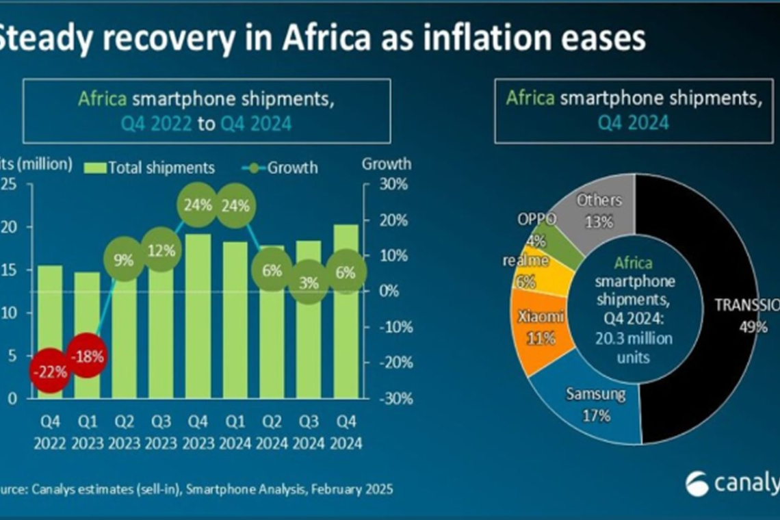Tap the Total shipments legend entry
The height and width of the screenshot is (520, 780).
pos(151,168)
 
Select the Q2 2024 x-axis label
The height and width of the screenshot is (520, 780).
pos(272,433)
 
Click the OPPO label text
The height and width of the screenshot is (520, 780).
pos(536,219)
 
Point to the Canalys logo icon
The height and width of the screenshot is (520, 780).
pos(697,483)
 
